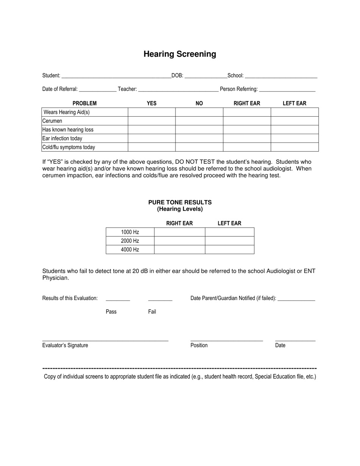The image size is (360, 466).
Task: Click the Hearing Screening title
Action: point(180,54)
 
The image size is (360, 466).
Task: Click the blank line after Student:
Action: point(116,76)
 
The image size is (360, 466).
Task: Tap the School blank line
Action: point(281,76)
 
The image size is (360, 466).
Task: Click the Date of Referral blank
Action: point(97,89)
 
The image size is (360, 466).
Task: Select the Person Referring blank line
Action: point(287,89)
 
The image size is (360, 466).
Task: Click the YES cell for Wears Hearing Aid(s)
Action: point(152,112)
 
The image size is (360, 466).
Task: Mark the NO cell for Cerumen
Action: point(199,121)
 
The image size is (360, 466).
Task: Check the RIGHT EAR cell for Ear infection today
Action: point(247,138)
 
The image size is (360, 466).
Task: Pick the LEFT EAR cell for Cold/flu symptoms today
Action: point(294,147)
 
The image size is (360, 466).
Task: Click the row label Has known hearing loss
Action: point(68,130)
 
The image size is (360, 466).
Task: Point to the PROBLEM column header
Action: point(85,103)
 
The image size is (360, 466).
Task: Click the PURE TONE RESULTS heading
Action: point(180,202)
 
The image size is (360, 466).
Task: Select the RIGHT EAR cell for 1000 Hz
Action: point(180,232)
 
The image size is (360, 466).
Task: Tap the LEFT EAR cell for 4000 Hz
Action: point(230,249)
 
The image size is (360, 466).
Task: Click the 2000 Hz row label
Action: point(130,241)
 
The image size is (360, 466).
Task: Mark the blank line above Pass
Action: point(118,299)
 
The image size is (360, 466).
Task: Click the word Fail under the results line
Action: point(152,312)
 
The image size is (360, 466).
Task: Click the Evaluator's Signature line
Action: point(105,340)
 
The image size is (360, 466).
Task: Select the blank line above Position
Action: point(227,340)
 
